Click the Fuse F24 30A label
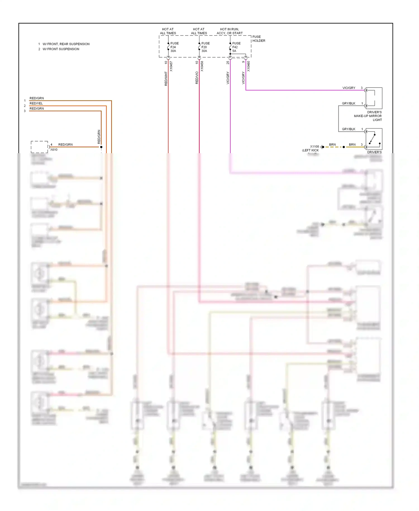coord(174,47)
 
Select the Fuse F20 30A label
coord(205,47)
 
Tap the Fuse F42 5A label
coord(236,47)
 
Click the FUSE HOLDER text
coord(259,39)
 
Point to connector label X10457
coord(171,67)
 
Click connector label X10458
coord(202,67)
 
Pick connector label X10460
coord(248,67)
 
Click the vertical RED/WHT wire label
coord(166,78)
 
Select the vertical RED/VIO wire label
coord(197,78)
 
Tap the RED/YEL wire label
coord(36,103)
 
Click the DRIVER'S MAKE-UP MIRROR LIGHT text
coord(368,116)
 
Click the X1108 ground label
coord(314,146)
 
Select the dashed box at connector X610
coord(39,147)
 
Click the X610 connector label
coord(54,150)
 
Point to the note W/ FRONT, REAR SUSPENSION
coord(66,44)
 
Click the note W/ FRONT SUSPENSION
coord(61,49)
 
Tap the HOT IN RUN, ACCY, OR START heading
coord(230,31)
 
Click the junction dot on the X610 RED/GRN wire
coord(101,147)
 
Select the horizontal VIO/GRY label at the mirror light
coord(349,88)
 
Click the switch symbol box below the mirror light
coord(374,139)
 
